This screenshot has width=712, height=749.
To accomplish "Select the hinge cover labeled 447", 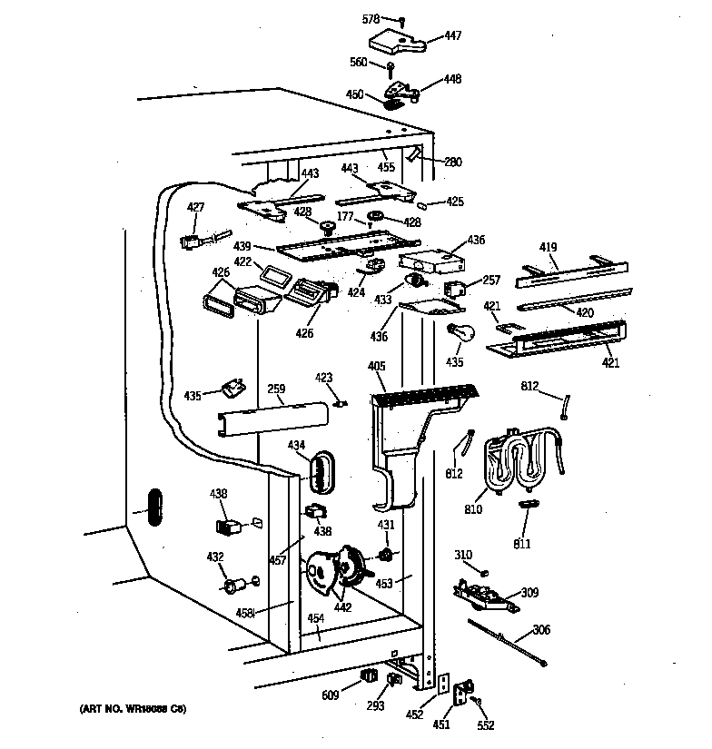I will pyautogui.click(x=395, y=40).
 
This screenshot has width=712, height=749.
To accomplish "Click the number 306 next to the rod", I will pyautogui.click(x=541, y=630).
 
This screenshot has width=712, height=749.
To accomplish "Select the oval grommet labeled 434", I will pyautogui.click(x=321, y=469).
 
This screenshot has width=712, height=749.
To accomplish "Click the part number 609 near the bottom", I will pyautogui.click(x=330, y=695).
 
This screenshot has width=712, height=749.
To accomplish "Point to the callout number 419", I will pyautogui.click(x=548, y=247).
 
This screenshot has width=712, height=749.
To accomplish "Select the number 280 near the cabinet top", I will pyautogui.click(x=452, y=163).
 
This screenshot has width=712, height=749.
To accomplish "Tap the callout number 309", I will pyautogui.click(x=529, y=593).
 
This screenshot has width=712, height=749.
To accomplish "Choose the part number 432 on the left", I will pyautogui.click(x=215, y=557).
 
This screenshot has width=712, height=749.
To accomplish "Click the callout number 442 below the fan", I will pyautogui.click(x=344, y=607).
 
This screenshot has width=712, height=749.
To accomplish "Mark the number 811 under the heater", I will pyautogui.click(x=521, y=544).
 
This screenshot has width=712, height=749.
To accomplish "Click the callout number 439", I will pyautogui.click(x=242, y=246).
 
